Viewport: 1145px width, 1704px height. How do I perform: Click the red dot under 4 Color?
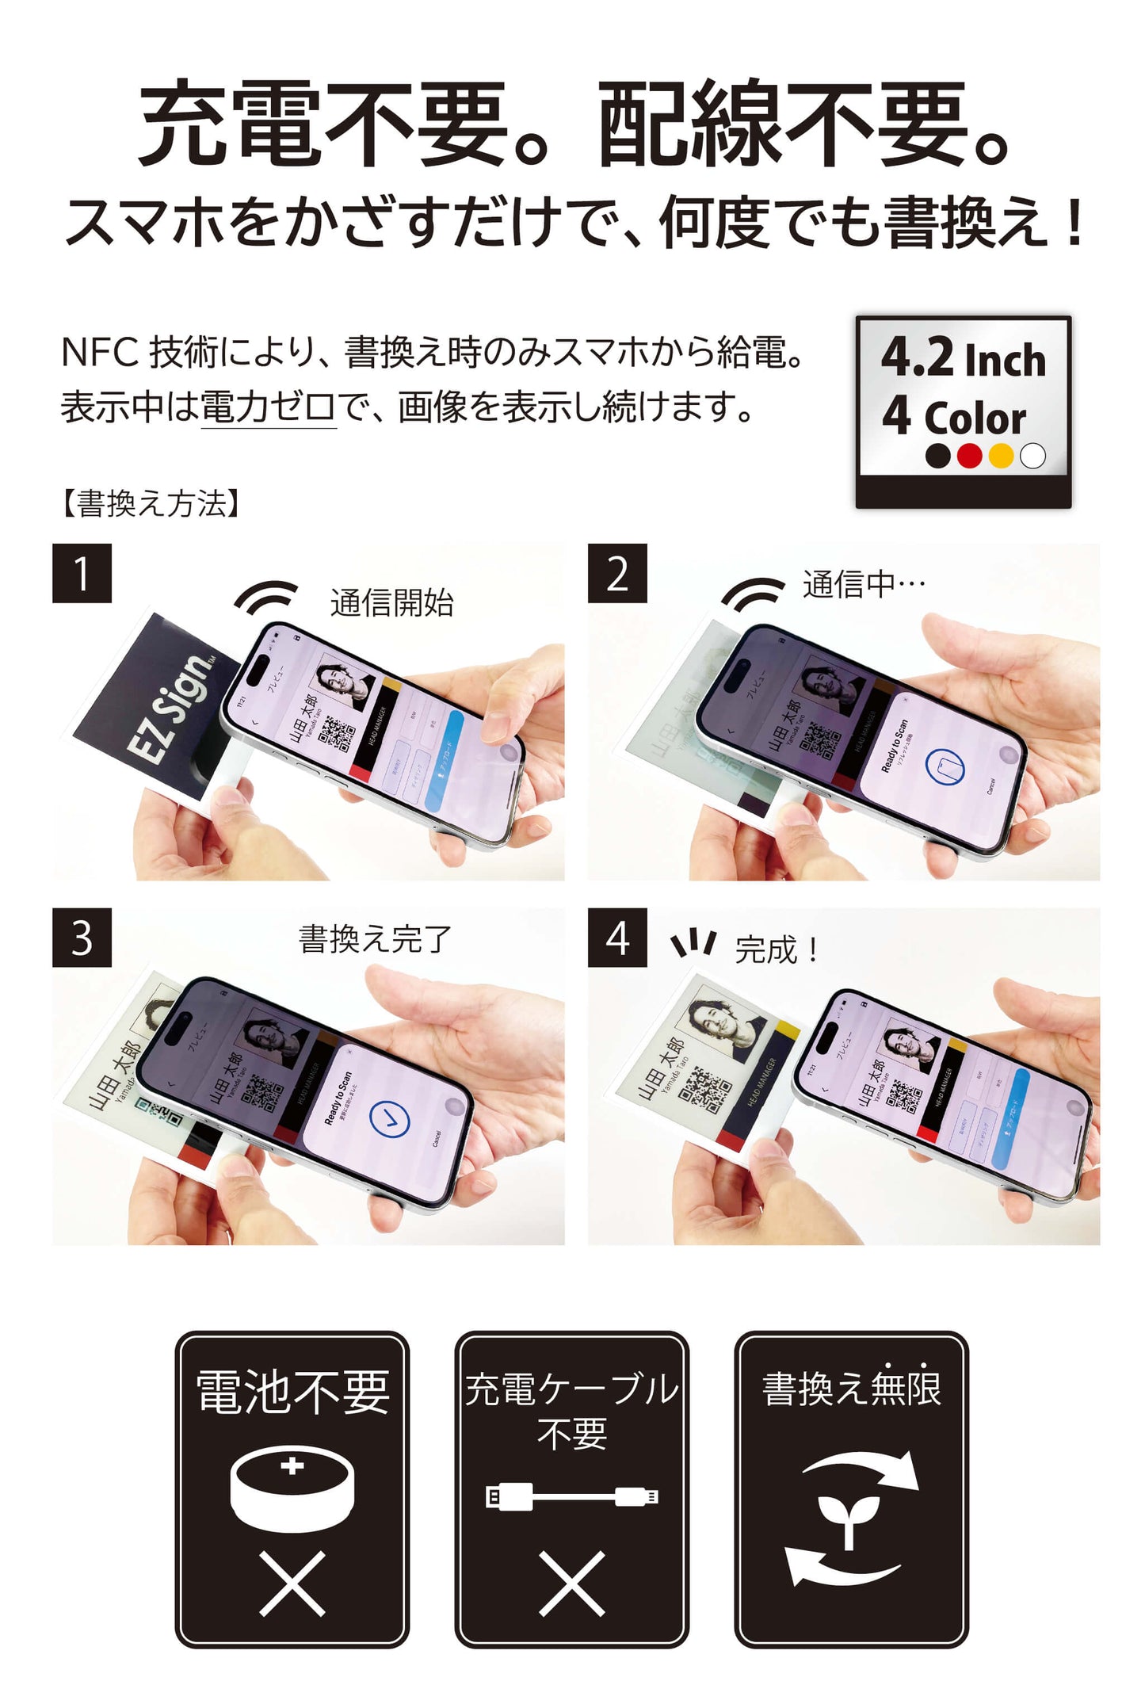coord(969,456)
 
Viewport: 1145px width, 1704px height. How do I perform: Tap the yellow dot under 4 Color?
coord(1001,456)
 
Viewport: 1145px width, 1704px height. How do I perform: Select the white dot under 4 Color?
coord(1032,456)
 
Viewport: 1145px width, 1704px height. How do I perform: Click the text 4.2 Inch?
coord(963,358)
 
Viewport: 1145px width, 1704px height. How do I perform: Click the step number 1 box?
coord(82,573)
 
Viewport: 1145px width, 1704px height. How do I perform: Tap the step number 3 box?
coord(82,938)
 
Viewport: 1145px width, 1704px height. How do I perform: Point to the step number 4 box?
coord(617,938)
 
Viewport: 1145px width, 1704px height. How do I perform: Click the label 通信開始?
coord(391,603)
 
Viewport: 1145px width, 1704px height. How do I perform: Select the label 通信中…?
coord(864,585)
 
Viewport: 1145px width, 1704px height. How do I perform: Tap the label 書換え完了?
coord(375,939)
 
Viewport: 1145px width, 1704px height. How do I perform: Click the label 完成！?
coord(777,949)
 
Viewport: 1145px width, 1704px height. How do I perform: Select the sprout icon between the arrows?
coord(849,1518)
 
